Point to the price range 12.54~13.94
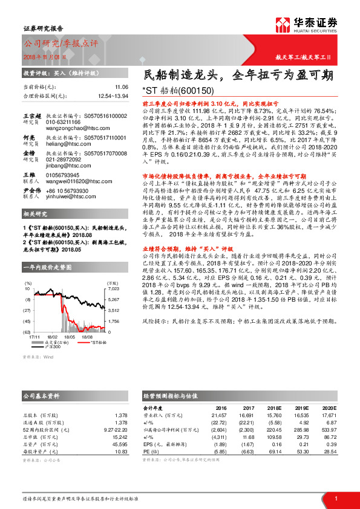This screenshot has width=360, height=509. [111, 96]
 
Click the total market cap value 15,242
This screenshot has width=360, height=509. [120, 437]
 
